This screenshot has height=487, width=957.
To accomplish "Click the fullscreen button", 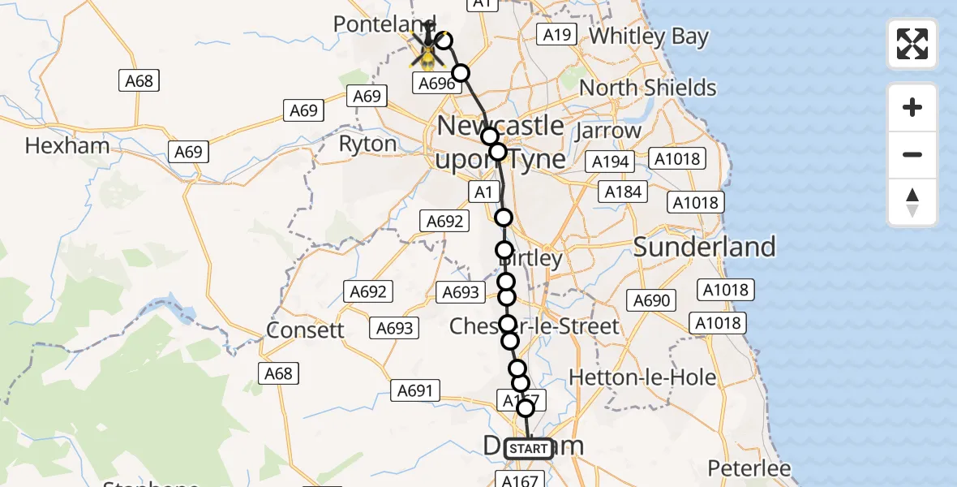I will point(912,44).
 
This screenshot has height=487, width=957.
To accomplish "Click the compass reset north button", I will point(912,202).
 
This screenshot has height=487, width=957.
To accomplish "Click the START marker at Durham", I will point(529,449).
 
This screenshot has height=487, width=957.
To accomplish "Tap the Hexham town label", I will point(67,146).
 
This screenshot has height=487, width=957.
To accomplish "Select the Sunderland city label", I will point(705,247).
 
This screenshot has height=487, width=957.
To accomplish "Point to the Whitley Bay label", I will point(649,37).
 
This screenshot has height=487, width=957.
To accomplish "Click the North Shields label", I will point(648,88).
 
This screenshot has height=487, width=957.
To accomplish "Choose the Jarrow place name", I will point(608,130).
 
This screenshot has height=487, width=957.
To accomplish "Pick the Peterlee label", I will point(749,468).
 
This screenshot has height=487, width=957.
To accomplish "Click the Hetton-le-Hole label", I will point(643,377).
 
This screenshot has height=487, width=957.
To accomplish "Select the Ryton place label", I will point(367,144).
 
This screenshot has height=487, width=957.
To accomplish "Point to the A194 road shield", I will point(611,162).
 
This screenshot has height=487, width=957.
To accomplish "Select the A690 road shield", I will point(651,301).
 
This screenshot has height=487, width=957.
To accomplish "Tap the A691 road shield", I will point(414,390).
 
